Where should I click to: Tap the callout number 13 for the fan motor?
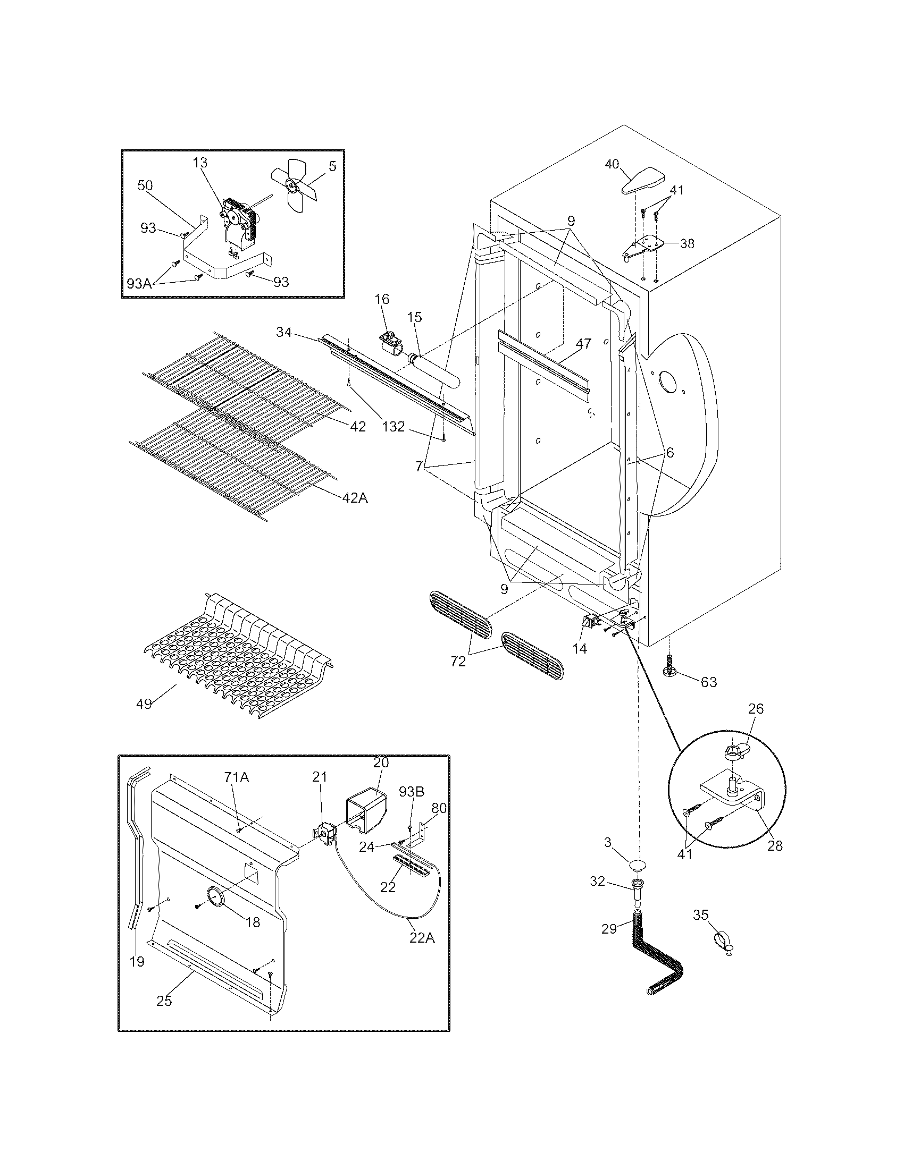[x=200, y=163]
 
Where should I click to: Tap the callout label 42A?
[x=355, y=497]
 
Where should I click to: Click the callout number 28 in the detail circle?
[x=774, y=846]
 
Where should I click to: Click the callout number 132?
[x=393, y=427]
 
